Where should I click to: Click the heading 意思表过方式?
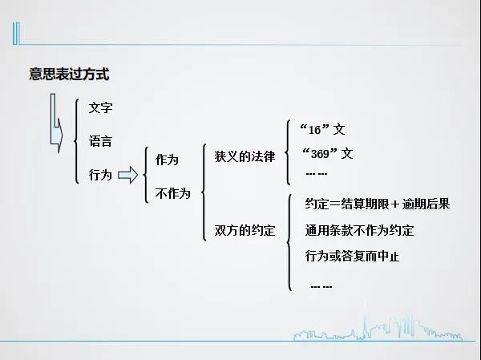click(x=69, y=75)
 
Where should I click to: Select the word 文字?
click(x=101, y=107)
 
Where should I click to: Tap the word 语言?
click(x=100, y=141)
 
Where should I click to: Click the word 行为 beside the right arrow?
click(x=100, y=175)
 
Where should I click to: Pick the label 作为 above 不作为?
click(x=167, y=160)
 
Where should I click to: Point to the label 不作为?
click(x=172, y=193)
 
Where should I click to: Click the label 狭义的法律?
click(x=245, y=156)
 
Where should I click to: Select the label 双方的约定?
click(x=245, y=230)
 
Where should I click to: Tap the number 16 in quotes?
click(x=314, y=130)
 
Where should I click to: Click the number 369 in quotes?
click(x=320, y=154)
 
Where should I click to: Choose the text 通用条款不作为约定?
click(x=359, y=230)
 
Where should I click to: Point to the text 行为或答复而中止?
click(x=352, y=256)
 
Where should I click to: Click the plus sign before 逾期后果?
click(x=395, y=204)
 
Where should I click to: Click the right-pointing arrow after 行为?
click(x=128, y=175)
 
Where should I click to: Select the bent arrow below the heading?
click(x=57, y=123)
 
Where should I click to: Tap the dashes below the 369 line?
click(x=317, y=174)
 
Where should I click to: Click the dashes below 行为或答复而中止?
click(x=321, y=287)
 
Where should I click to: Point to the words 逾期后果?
click(x=426, y=204)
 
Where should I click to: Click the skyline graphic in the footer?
click(x=378, y=329)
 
